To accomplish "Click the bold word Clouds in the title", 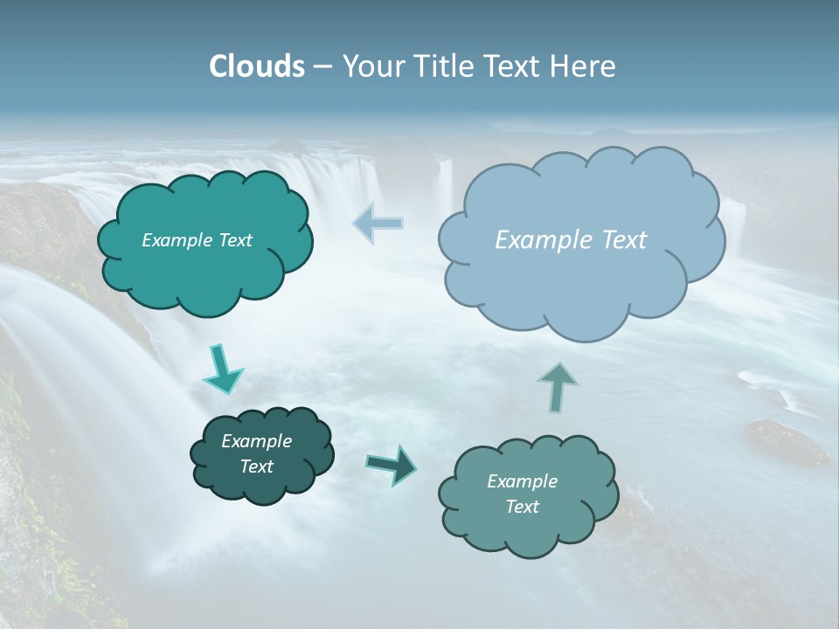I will click(x=256, y=66).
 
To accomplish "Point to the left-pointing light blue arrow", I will click(x=378, y=224).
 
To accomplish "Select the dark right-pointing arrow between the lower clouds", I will click(x=392, y=464).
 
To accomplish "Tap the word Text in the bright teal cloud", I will click(x=234, y=240).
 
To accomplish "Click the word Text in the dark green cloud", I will click(x=257, y=467).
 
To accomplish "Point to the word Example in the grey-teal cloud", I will click(x=522, y=481).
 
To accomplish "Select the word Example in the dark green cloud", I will click(x=257, y=441).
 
